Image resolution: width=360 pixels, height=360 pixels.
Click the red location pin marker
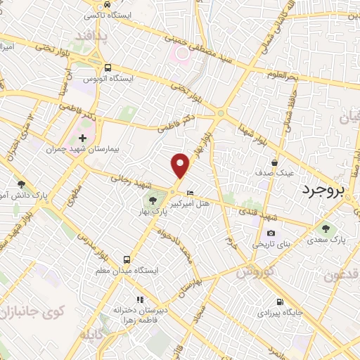181,166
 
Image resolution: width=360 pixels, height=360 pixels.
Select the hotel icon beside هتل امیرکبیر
190,193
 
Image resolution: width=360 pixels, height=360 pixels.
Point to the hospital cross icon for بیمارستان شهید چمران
83,137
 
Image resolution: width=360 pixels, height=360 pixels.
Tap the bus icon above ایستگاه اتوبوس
107,68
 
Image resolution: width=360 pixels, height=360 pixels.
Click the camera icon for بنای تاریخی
271,233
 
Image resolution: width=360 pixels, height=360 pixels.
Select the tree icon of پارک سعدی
325,228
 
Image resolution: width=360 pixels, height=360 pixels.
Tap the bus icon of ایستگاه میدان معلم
127,259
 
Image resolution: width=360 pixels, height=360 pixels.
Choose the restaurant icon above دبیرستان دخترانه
140,297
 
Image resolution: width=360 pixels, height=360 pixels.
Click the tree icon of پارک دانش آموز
21,184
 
